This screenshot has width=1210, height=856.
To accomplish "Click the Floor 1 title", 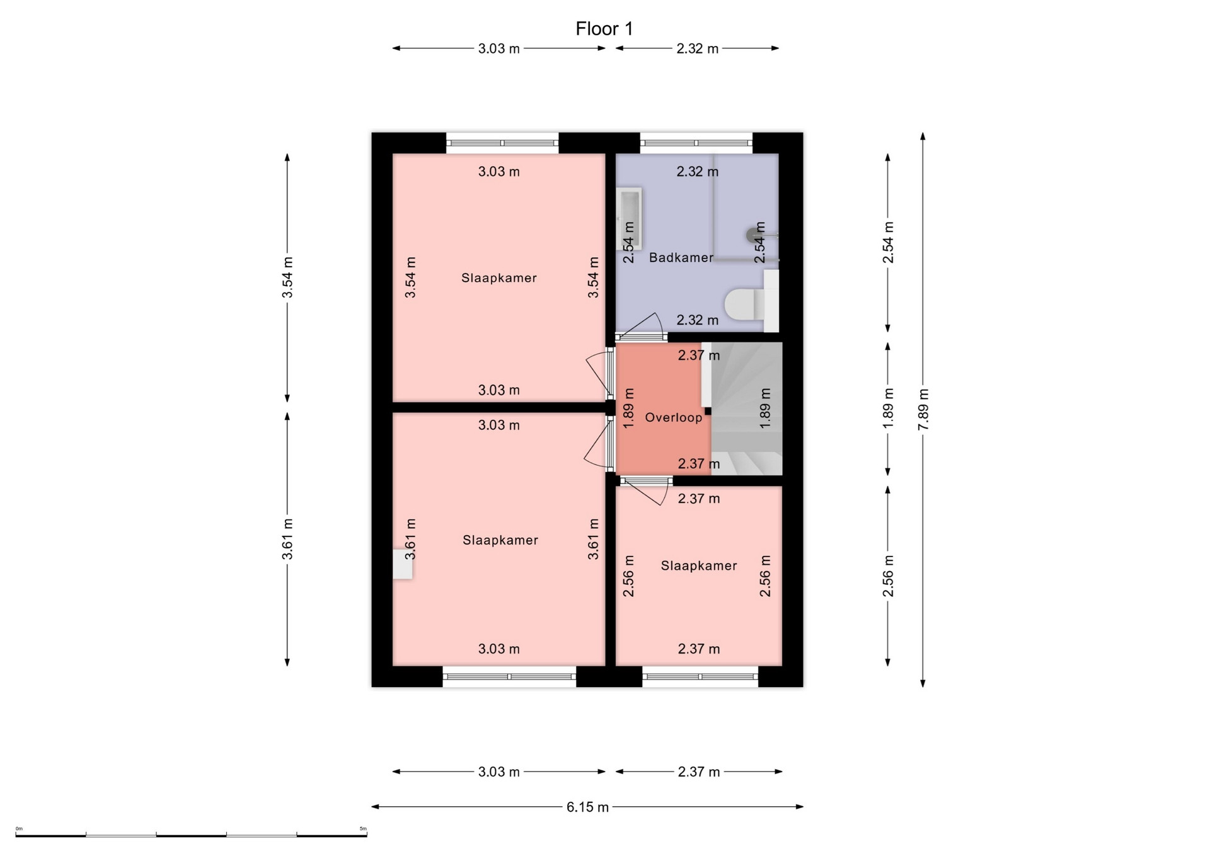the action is tap(604, 29).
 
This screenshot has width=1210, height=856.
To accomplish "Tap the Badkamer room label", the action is tap(681, 257).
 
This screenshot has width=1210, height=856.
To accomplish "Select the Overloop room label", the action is tap(673, 417).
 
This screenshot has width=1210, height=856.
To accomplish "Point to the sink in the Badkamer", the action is tap(629, 218).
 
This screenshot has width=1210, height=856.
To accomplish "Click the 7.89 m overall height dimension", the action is tap(923, 410).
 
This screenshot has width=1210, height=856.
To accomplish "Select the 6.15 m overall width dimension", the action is tap(587, 807).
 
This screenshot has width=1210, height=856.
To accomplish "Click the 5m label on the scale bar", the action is tap(362, 828).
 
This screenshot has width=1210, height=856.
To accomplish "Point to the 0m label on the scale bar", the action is tap(19, 828).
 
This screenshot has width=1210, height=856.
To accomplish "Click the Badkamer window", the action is tap(696, 143).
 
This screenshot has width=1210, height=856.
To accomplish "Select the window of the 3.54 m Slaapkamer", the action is tap(502, 143).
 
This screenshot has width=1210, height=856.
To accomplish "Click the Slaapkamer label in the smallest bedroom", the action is tap(699, 566).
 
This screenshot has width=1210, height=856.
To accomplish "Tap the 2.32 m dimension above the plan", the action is tap(698, 49).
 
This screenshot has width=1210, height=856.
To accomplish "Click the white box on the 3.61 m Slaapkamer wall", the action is tap(403, 564).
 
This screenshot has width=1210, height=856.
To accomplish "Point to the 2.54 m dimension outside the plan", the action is tap(888, 243).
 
